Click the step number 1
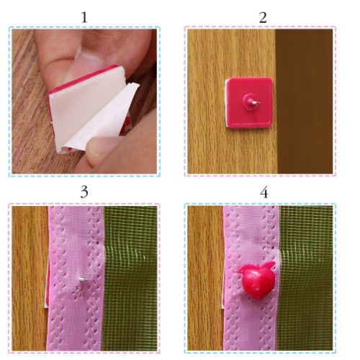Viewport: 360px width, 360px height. point(84,17)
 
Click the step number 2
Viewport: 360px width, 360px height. point(263,17)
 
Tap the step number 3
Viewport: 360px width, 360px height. point(84,192)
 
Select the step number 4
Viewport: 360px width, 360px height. point(264,193)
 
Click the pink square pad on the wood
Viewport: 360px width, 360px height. point(250,102)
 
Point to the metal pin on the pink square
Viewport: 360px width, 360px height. point(256,102)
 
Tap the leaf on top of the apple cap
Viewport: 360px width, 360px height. point(269,264)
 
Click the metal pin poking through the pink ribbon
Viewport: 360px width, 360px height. point(83,279)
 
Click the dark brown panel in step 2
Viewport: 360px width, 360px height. point(305,101)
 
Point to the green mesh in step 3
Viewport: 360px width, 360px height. point(130,279)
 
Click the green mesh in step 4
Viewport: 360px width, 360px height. point(306,279)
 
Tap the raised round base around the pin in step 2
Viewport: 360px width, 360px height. point(249,99)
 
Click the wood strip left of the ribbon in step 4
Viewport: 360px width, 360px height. point(205,279)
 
